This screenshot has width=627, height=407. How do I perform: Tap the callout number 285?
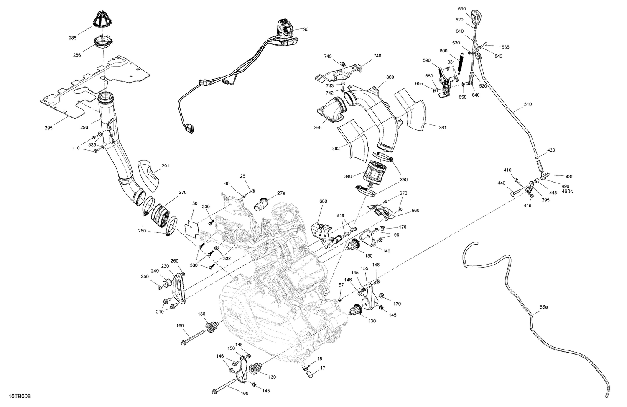(x=73, y=39)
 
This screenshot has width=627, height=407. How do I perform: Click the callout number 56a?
(x=543, y=307)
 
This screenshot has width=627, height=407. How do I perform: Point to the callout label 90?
(x=306, y=29)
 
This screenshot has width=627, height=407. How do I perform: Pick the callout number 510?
(x=528, y=104)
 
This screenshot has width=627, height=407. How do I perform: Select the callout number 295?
(x=48, y=128)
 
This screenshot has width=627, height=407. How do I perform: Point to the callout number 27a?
(x=281, y=193)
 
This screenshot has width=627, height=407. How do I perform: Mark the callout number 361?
(x=442, y=127)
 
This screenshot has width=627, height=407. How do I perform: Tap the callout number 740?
(x=377, y=56)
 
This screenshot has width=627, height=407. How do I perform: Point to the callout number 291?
(x=165, y=166)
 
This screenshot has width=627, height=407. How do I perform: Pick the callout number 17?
(x=322, y=368)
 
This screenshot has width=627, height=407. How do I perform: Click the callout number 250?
(x=145, y=276)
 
